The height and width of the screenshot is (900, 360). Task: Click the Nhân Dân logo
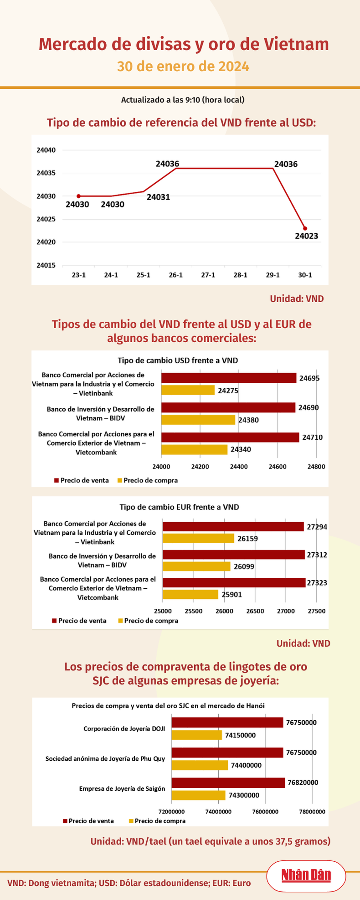coord(306,875)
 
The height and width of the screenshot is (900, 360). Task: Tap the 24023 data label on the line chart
coord(306,236)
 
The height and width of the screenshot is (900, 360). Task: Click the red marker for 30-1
coord(305,228)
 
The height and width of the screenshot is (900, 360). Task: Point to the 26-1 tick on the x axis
coord(175,275)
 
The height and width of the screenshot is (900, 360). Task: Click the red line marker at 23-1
coord(78,196)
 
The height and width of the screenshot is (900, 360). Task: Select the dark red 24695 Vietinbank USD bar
coord(229,378)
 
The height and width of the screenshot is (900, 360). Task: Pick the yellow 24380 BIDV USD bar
coord(198,420)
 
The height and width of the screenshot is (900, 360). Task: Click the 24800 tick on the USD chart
coord(316,467)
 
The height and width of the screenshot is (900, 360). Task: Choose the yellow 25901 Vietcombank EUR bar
coord(190,594)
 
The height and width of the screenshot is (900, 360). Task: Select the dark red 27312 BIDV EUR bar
coord(234,555)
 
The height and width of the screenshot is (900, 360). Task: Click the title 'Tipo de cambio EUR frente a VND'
coord(179,507)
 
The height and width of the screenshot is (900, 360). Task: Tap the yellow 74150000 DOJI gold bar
coord(197,735)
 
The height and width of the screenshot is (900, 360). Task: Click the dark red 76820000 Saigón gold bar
coord(228,783)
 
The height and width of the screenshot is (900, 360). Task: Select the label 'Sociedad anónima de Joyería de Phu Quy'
coord(105,759)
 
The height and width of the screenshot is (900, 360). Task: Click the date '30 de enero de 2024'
coord(183,67)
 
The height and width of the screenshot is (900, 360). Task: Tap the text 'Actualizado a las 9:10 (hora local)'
coord(183,100)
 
